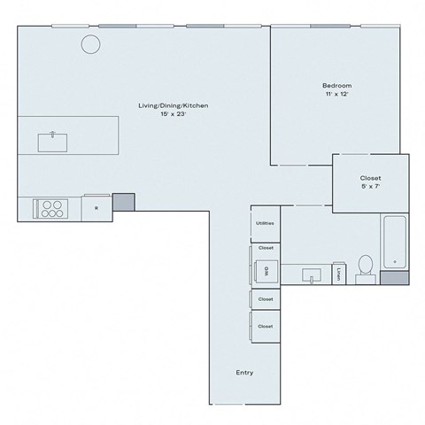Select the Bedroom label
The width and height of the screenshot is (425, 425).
coord(336,86)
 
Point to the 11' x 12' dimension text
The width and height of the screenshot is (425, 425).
coord(336,95)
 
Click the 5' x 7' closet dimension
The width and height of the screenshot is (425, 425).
coord(370,187)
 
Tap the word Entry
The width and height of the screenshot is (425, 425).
coord(244,373)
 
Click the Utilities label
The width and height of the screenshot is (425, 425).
coord(265,223)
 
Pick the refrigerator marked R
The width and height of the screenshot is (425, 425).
coord(96,209)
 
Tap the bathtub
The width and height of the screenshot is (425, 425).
coord(394,242)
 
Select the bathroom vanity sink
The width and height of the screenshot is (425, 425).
coord(313,275)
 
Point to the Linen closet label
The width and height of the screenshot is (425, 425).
coord(340,274)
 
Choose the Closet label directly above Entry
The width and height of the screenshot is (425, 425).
coord(265,327)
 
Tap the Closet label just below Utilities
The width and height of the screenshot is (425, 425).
coord(265,248)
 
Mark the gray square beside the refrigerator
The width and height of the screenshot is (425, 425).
coord(123,202)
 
